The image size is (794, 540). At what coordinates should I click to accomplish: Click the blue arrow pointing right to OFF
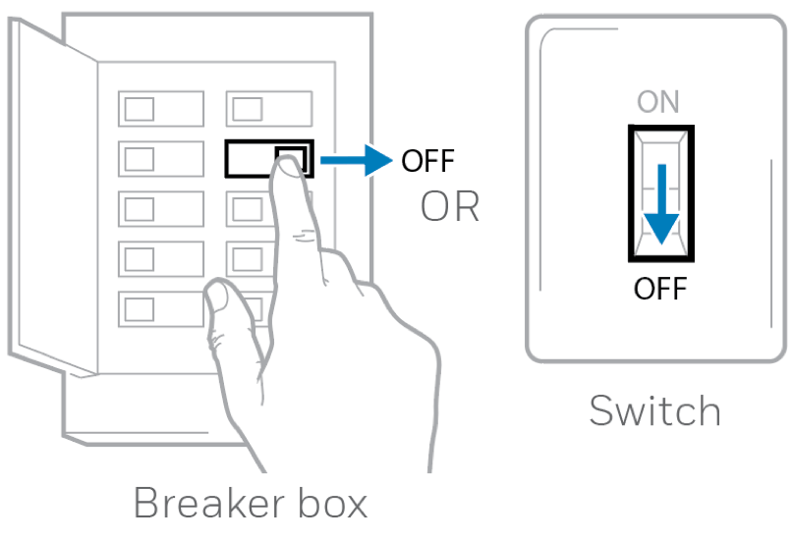point(356,160)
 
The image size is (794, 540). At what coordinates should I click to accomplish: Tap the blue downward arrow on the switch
point(661,204)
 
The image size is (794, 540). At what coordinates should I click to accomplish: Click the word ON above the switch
point(657,102)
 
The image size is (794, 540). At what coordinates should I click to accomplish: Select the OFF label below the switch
point(660,289)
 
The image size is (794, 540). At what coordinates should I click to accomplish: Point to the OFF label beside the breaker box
point(427,161)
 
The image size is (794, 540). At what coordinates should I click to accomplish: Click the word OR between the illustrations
point(450,206)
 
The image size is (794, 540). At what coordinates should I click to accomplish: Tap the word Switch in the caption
point(654,410)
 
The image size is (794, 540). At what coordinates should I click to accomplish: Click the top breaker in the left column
point(161,109)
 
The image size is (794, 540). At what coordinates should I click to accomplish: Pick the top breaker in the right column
point(269,109)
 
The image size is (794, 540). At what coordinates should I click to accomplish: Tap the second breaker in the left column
point(161,159)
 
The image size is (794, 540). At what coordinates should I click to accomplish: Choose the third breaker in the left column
point(161,208)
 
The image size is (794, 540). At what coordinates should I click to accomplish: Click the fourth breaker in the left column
point(161,258)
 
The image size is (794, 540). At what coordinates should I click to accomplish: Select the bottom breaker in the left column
point(161,308)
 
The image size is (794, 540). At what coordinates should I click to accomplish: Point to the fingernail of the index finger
point(290,167)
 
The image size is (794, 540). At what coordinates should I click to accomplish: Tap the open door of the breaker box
point(53,197)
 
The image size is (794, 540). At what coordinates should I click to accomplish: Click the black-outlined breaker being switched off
point(269,159)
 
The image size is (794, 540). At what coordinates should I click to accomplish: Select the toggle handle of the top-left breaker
point(140,109)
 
